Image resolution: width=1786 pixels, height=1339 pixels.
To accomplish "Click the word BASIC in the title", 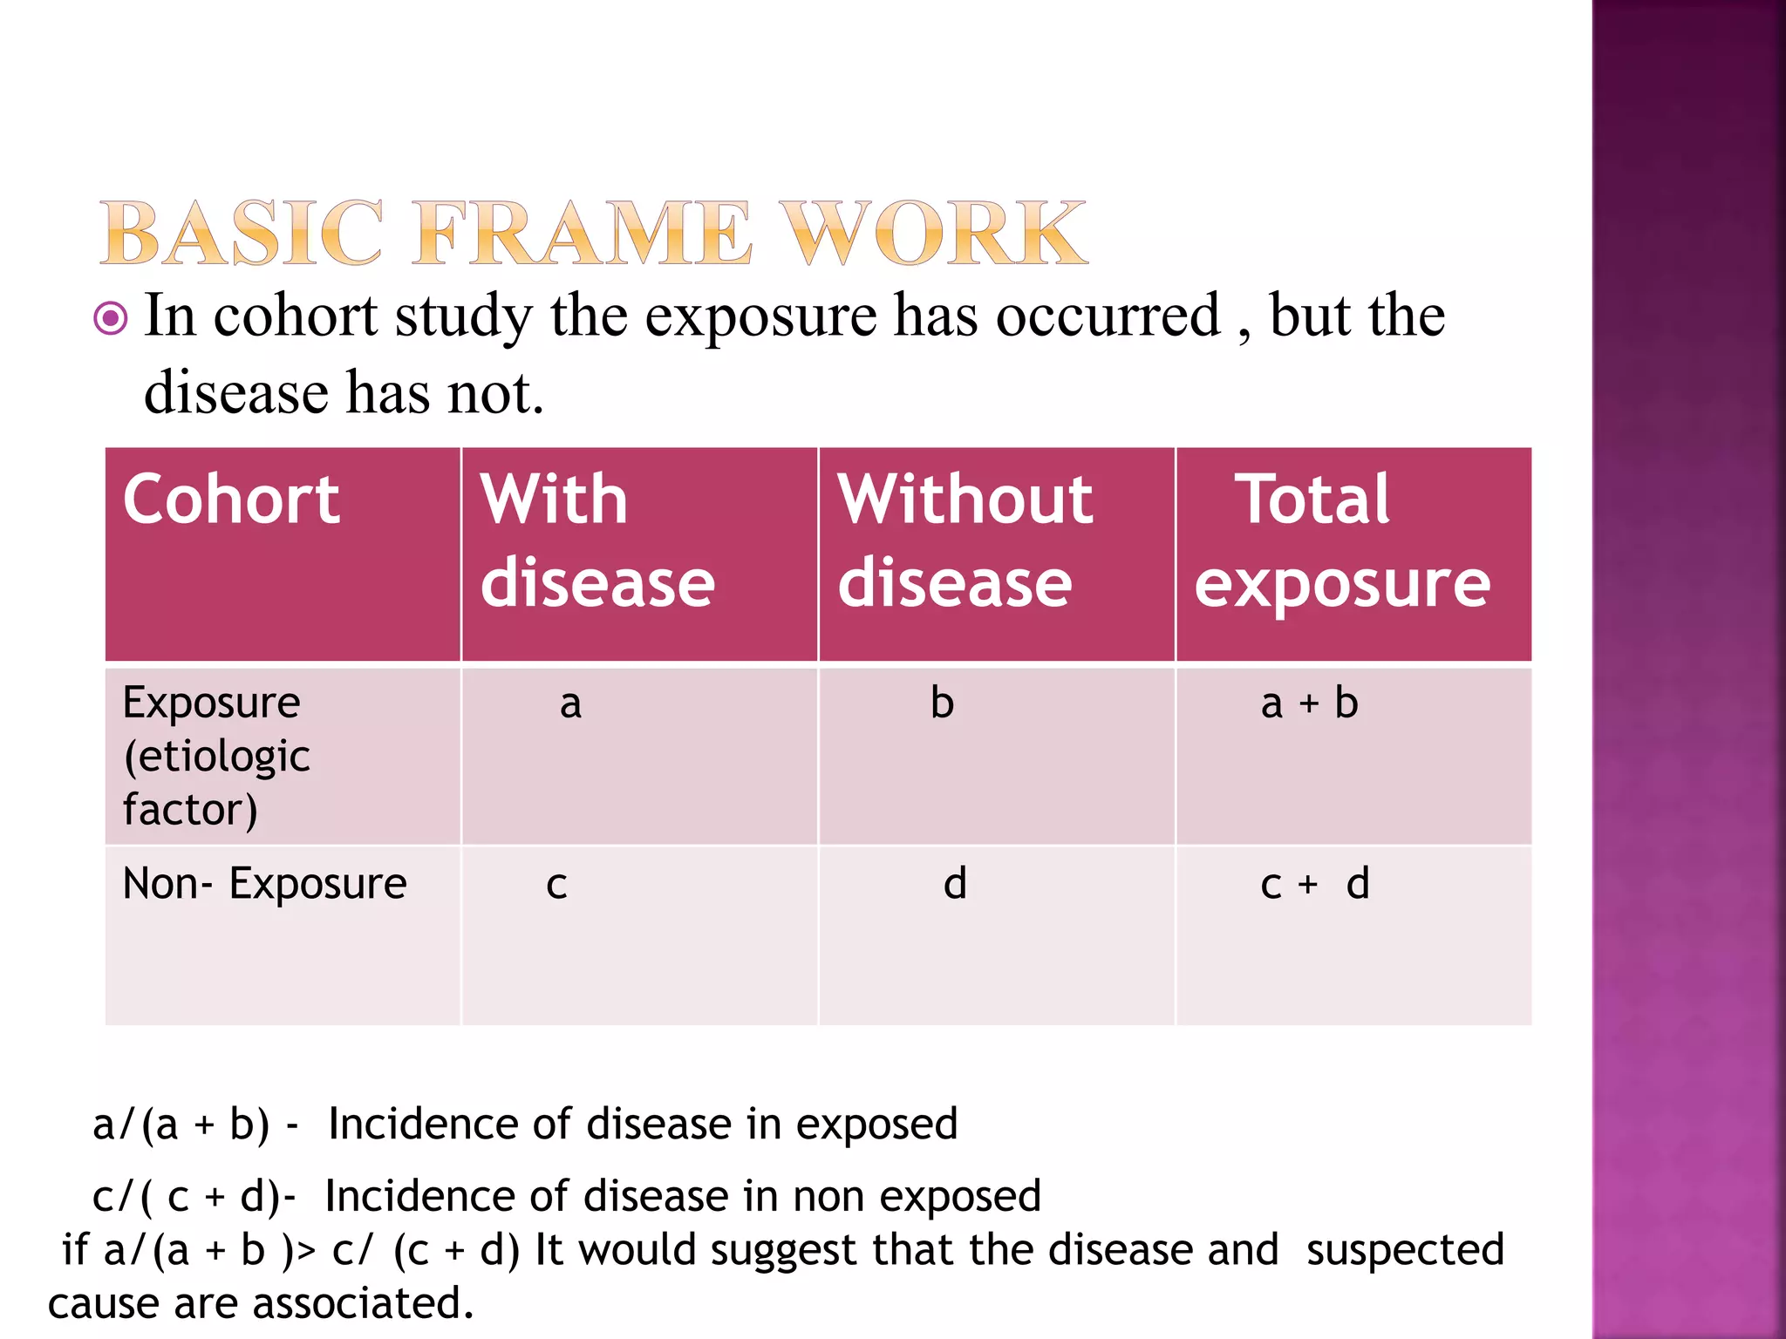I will (x=242, y=233).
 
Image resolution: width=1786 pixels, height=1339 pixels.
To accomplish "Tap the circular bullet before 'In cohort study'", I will (x=111, y=318).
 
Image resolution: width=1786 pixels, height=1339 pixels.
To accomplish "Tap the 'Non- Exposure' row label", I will (x=264, y=884).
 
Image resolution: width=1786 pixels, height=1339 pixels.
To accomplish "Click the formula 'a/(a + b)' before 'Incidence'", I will (x=181, y=1125).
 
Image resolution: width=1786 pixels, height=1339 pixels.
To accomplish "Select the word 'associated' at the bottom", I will (x=363, y=1304).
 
